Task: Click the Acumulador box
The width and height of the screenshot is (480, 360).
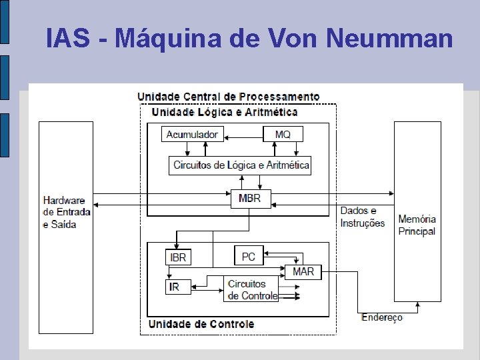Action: tap(191, 134)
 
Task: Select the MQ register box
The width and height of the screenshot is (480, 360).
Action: tap(283, 134)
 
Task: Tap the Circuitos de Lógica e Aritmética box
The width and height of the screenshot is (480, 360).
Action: tap(241, 165)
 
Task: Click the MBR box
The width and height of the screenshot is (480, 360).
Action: tap(250, 198)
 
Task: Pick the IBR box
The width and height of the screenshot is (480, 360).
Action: tap(178, 257)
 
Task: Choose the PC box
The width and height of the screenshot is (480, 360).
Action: tap(249, 256)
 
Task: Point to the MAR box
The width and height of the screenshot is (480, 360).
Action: tap(303, 272)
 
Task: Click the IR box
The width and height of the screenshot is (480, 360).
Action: tap(174, 287)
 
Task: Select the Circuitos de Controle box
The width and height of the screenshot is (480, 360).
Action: tap(252, 289)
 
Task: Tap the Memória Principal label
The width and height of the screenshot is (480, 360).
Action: tap(417, 225)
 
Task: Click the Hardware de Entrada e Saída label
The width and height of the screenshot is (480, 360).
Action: tap(65, 212)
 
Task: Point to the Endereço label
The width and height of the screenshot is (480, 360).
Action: tap(381, 317)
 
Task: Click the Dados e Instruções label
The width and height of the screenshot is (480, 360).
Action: tap(362, 217)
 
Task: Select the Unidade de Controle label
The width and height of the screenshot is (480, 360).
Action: tap(201, 324)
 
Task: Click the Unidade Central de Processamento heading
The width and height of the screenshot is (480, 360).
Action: tap(228, 97)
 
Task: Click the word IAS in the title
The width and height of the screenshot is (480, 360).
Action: tap(68, 39)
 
